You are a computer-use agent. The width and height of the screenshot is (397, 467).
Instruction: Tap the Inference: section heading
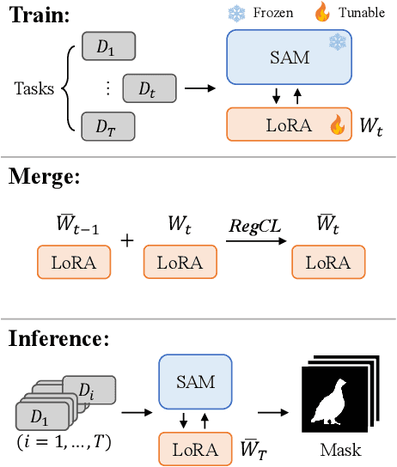point(58,338)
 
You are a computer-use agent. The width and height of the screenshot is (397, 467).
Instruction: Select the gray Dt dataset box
point(148,87)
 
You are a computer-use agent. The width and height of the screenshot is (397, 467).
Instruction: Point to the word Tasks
point(33,88)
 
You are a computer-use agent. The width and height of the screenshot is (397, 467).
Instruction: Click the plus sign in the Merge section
point(127,241)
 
